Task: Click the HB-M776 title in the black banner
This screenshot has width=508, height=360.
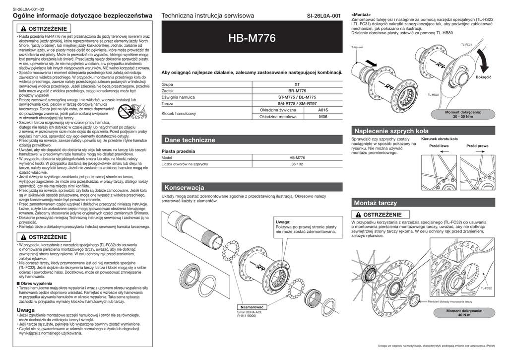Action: click(252, 38)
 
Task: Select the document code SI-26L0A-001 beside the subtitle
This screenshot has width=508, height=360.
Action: click(324, 16)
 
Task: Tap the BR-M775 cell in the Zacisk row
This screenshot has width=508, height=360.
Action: click(297, 91)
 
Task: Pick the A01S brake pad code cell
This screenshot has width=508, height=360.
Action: click(323, 110)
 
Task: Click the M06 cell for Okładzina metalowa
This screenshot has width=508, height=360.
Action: click(323, 117)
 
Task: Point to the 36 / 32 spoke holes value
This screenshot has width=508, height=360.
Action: click(297, 163)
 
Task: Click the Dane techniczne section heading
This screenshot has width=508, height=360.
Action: click(190, 141)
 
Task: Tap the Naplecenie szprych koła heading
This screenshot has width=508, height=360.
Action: click(390, 131)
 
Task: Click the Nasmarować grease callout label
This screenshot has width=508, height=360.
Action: click(253, 307)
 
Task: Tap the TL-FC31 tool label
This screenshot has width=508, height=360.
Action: click(466, 45)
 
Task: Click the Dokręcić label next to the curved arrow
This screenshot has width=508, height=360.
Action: click(483, 78)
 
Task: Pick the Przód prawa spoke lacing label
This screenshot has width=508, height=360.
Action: click(477, 146)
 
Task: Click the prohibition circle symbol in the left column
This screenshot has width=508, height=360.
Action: click(124, 113)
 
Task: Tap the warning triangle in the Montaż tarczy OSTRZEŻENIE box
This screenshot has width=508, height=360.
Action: click(359, 214)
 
